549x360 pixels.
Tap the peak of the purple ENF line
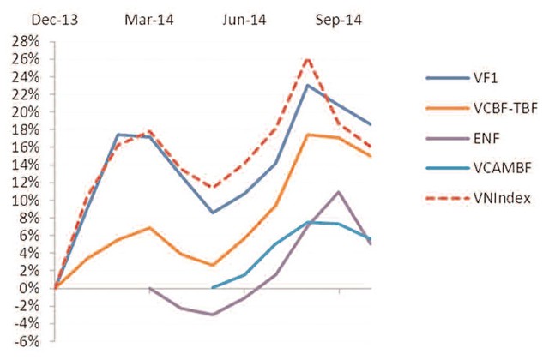click(339, 192)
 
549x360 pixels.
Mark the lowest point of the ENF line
click(212, 315)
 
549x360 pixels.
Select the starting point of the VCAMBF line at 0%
click(213, 287)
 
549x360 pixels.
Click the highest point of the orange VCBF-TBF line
click(308, 135)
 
